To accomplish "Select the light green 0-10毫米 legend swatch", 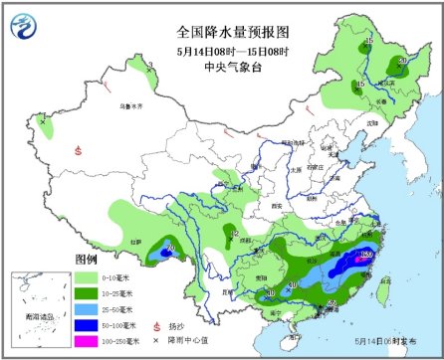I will click(91, 276).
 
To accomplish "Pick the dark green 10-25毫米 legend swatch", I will click(91, 292).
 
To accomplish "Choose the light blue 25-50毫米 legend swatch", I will click(91, 308).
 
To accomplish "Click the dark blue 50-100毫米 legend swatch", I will click(91, 324).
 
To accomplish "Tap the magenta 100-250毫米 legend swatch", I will click(91, 340).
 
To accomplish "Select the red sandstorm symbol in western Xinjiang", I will click(78, 151).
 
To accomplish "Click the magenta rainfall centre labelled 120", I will click(365, 256).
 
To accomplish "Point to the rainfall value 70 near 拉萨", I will click(170, 248).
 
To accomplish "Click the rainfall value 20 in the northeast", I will click(402, 61).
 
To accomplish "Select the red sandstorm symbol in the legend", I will click(157, 324).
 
